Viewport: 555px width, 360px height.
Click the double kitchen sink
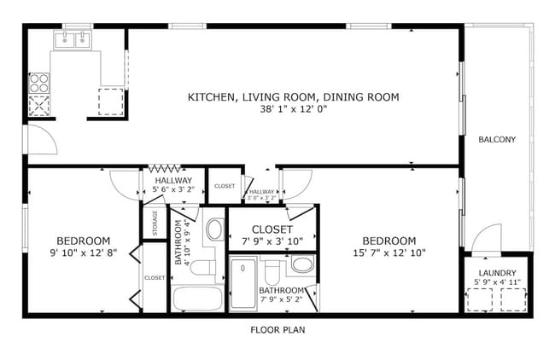[73, 39]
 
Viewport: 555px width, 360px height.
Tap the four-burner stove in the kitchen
[39, 83]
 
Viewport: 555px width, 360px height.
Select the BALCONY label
[496, 139]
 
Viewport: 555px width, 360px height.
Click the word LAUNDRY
[497, 273]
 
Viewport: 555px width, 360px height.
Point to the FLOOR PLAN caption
[277, 329]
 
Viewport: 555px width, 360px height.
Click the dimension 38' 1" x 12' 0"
[293, 109]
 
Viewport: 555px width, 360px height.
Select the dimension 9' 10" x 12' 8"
[84, 253]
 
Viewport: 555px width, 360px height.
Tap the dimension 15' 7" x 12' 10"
[388, 253]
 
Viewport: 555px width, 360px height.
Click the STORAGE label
[155, 224]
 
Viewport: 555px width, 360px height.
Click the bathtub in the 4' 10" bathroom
[196, 299]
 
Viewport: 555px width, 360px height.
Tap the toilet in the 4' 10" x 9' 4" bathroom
[202, 269]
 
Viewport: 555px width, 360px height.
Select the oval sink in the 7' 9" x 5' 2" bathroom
[301, 264]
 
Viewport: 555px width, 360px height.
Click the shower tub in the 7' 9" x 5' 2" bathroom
[243, 282]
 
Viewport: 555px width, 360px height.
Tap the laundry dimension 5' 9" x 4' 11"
[497, 282]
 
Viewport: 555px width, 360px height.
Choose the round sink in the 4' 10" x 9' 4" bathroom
[215, 229]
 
